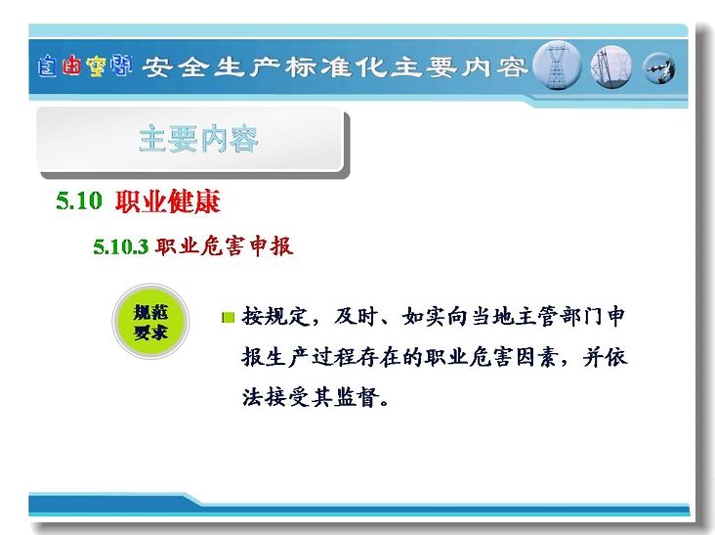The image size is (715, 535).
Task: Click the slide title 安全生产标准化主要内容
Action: pyautogui.click(x=334, y=67)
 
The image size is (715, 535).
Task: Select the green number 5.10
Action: pyautogui.click(x=79, y=201)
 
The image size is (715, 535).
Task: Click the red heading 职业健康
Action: pyautogui.click(x=167, y=201)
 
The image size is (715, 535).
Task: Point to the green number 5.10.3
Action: pyautogui.click(x=121, y=246)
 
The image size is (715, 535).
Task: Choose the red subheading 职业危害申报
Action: pyautogui.click(x=224, y=246)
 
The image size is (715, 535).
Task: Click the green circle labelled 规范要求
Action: pyautogui.click(x=150, y=322)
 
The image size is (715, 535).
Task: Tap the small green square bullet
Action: pyautogui.click(x=228, y=317)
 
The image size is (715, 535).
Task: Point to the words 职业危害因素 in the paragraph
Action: pyautogui.click(x=491, y=357)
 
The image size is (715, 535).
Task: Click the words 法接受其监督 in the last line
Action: pyautogui.click(x=310, y=397)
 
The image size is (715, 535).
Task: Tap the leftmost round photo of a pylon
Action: pyautogui.click(x=557, y=66)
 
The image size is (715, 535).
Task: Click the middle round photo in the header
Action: pyautogui.click(x=611, y=67)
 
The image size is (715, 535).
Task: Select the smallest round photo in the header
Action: pyautogui.click(x=659, y=68)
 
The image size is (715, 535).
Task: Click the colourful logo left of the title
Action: pyautogui.click(x=85, y=67)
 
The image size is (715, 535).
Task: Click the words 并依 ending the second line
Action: pyautogui.click(x=605, y=357)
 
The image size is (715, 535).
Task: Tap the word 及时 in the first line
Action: pyautogui.click(x=356, y=316)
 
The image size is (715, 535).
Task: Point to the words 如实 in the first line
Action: pyautogui.click(x=424, y=316)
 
